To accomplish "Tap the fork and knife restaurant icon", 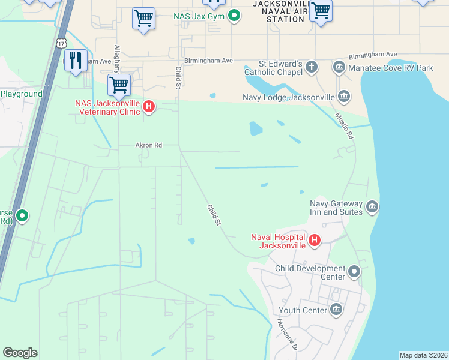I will (x=76, y=61).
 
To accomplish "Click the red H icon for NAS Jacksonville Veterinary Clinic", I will (x=149, y=107).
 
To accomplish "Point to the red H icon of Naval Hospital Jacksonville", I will (x=313, y=241).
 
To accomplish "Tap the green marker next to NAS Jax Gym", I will (x=234, y=16).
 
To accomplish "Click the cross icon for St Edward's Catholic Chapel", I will (x=311, y=67).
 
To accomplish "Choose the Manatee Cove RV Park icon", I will (x=339, y=68).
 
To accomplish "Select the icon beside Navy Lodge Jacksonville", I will (x=345, y=97).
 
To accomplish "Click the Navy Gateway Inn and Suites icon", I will (x=372, y=208).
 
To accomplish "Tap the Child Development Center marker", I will (x=354, y=272).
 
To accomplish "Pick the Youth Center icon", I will (x=336, y=310).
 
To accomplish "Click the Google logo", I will (x=20, y=353).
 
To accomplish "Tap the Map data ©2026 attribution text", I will (x=423, y=355).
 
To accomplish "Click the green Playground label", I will (x=22, y=94).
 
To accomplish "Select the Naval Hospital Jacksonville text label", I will (x=279, y=241).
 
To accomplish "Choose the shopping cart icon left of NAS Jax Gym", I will (x=143, y=19).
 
